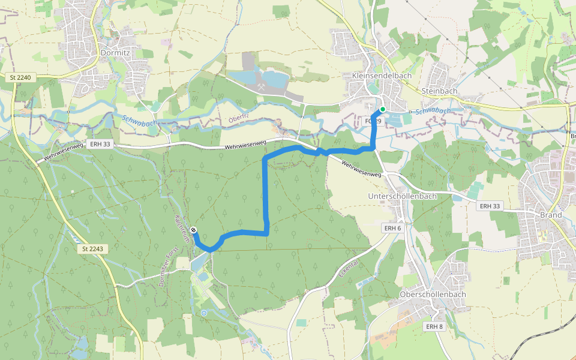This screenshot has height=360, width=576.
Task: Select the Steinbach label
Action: click(x=439, y=91)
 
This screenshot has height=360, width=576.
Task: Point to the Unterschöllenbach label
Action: click(x=401, y=196)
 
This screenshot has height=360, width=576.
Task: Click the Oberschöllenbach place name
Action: click(x=432, y=295)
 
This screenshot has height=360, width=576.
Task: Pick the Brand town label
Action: click(x=551, y=215)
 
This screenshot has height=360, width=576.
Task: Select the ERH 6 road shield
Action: click(x=392, y=228)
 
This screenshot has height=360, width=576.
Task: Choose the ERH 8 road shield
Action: click(x=434, y=326)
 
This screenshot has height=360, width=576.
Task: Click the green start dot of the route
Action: click(x=382, y=109)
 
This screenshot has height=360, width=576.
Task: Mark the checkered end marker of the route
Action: click(x=193, y=230)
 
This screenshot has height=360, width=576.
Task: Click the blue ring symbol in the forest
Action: click(x=204, y=313)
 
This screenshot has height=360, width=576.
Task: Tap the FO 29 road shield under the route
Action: click(x=373, y=121)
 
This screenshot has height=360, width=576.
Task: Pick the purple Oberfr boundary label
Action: click(x=238, y=119)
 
